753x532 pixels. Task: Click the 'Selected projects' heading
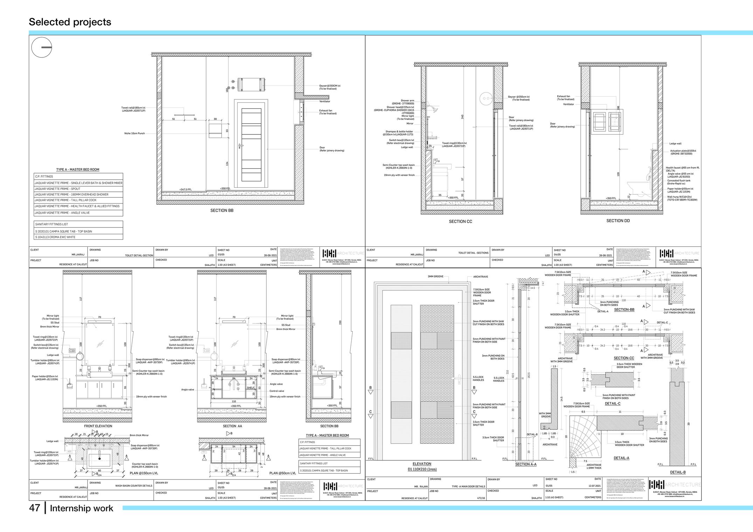coord(70,22)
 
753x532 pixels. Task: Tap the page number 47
coord(34,508)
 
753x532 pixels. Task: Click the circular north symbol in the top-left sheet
coord(42,47)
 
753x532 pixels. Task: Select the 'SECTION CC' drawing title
coord(460,222)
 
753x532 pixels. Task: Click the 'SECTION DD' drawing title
coord(618,221)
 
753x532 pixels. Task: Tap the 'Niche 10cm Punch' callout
coord(134,133)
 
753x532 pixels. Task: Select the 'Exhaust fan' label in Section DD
coord(563,96)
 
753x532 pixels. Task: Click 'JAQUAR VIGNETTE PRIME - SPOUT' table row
coord(57,189)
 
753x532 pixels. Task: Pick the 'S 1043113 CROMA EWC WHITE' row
coord(55,237)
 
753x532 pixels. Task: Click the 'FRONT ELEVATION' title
coord(98,426)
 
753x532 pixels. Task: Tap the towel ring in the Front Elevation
coord(80,356)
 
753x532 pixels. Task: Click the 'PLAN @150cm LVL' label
coord(144,473)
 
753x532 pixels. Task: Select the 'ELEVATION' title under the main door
coord(422,464)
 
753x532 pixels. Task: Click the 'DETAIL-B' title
coord(678,472)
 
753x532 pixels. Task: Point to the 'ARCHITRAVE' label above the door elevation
coord(481,277)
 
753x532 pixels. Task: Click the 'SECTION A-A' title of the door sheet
coord(525,464)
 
